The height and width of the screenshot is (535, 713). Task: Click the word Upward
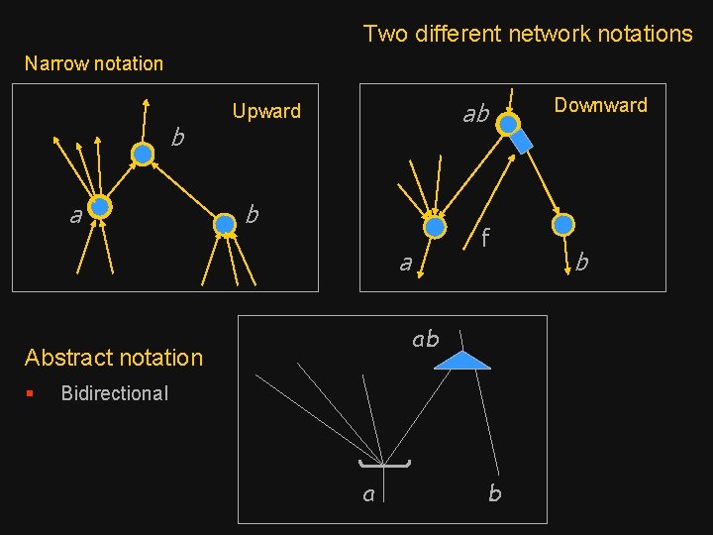[x=265, y=111]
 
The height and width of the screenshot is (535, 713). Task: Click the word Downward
[x=600, y=105]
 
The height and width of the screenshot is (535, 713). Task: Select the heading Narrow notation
[x=94, y=63]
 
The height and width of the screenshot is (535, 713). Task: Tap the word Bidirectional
[x=115, y=393]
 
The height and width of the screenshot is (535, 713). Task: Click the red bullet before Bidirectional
[x=31, y=393]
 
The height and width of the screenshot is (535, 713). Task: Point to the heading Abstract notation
[x=114, y=358]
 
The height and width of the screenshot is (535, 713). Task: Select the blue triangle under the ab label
[x=462, y=361]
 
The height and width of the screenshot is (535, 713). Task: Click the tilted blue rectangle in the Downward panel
[x=521, y=142]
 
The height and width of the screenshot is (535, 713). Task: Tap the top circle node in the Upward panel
[x=144, y=154]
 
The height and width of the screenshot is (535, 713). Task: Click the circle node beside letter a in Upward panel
[x=100, y=207]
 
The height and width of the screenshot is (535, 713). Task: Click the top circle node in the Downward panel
[x=507, y=124]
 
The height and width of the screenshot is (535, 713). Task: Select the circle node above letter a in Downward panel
[x=434, y=227]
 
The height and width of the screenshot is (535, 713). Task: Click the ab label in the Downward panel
[x=476, y=115]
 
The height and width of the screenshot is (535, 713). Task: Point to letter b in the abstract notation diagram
[x=494, y=493]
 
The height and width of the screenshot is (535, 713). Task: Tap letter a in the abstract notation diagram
[x=368, y=493]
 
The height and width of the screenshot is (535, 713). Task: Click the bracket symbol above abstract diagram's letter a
[x=385, y=463]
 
